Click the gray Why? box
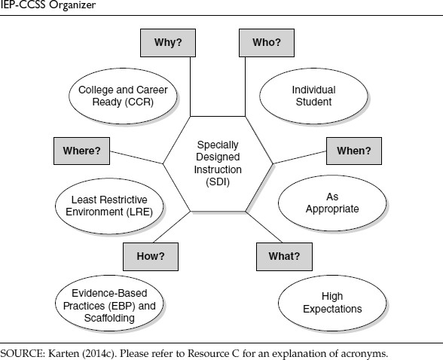(168, 43)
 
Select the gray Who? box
(267, 43)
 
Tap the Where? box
(81, 151)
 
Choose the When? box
(354, 151)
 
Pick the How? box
(151, 256)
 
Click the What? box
(284, 256)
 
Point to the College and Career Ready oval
(123, 96)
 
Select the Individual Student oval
(313, 96)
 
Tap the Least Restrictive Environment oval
(109, 206)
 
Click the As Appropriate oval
(332, 203)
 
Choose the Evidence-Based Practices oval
(109, 303)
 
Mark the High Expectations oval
(332, 303)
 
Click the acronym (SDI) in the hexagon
(218, 182)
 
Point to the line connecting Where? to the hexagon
(136, 157)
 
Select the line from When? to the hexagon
(300, 157)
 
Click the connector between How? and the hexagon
(172, 227)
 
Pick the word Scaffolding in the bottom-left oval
(109, 318)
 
